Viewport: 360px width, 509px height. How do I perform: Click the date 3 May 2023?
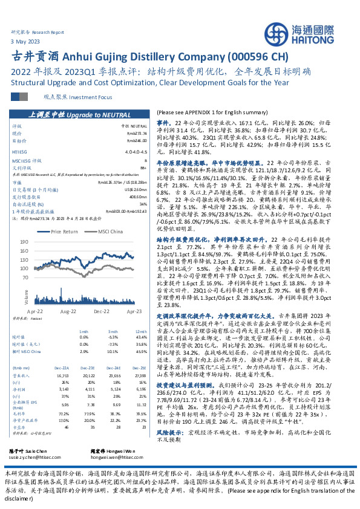[24, 41]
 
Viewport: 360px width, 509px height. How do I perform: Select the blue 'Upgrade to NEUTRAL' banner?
[75, 113]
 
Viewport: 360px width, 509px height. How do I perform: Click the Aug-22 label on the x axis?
[68, 310]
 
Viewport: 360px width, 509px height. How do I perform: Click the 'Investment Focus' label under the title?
[77, 97]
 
